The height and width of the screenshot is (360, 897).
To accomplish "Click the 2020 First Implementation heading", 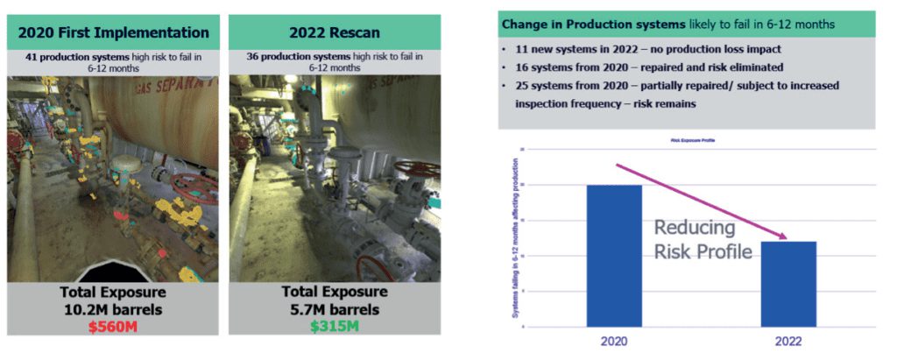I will tap(113, 33).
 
